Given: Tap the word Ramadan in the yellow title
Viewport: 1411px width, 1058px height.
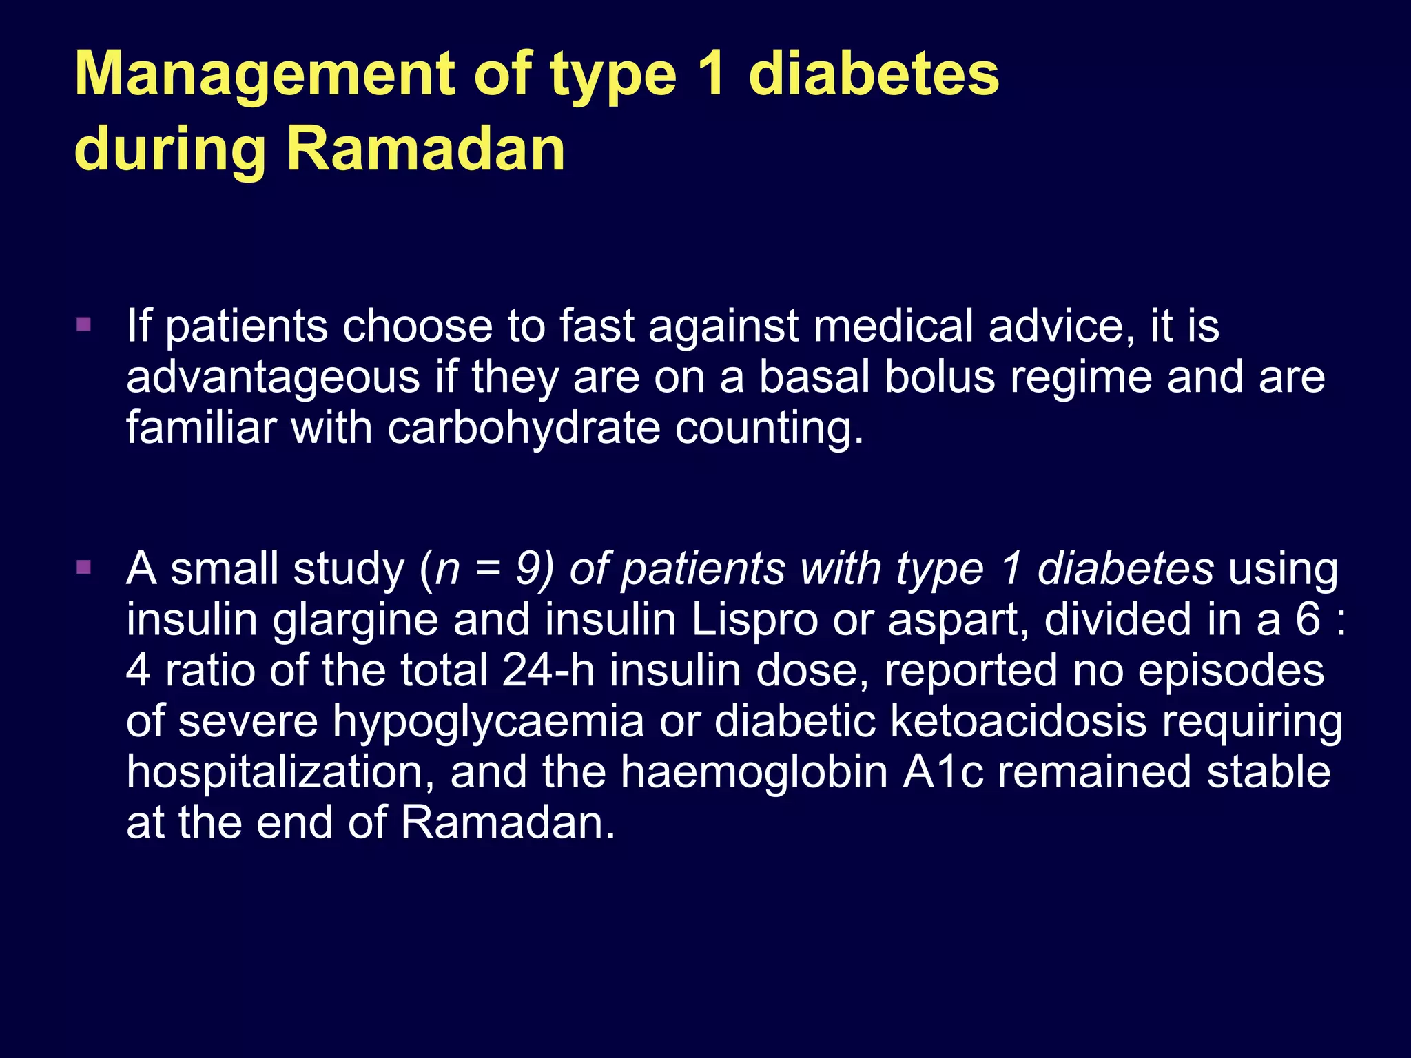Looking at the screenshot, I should click(x=425, y=149).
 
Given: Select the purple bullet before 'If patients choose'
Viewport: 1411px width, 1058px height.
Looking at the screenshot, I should click(x=84, y=324).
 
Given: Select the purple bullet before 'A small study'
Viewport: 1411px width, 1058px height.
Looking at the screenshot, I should click(x=84, y=568).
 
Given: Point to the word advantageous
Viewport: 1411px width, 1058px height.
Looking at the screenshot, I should click(x=273, y=377).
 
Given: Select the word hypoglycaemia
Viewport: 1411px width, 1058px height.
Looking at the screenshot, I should click(x=488, y=721).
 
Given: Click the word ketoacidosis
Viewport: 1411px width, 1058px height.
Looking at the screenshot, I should click(x=1018, y=721).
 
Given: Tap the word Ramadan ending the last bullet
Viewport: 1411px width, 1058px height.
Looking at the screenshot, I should click(x=506, y=822).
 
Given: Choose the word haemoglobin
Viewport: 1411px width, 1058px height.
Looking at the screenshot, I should click(x=754, y=772).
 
